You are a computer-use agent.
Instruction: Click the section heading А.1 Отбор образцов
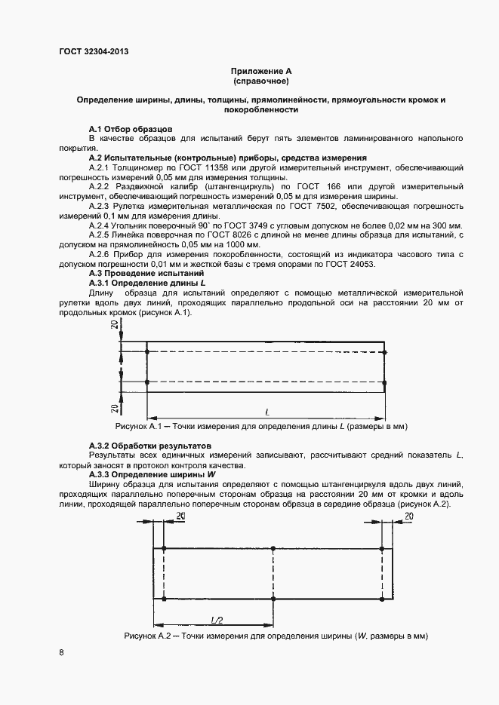click(131, 129)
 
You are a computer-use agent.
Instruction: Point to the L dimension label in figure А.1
click(267, 412)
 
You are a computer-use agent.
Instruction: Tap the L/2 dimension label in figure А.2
click(216, 619)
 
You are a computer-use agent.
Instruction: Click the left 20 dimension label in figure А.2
click(180, 516)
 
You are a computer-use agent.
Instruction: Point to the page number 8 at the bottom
click(61, 653)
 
